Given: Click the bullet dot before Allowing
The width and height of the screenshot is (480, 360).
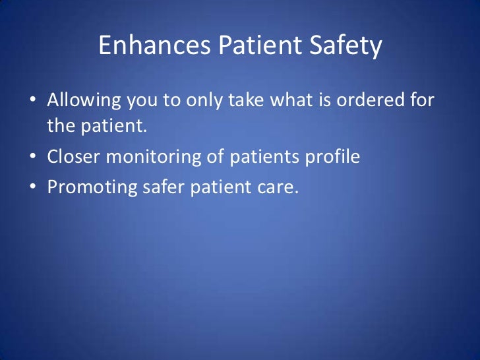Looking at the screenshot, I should [32, 102].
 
